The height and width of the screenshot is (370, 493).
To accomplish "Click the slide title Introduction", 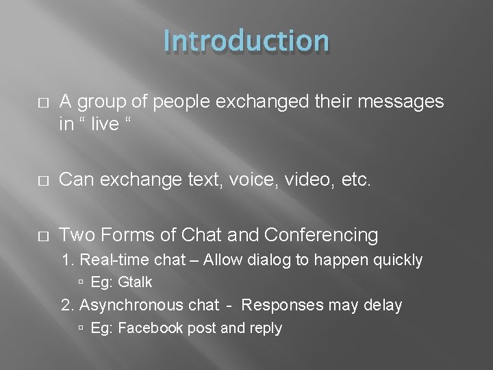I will pyautogui.click(x=246, y=41).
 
